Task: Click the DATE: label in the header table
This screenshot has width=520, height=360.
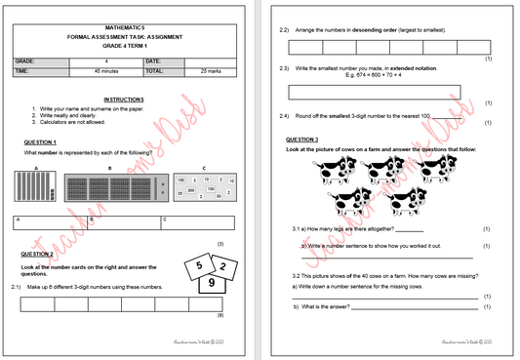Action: (157, 60)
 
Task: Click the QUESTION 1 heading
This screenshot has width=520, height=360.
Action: (40, 142)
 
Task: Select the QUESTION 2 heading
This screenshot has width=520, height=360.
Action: (40, 254)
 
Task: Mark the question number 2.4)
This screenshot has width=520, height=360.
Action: (284, 116)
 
